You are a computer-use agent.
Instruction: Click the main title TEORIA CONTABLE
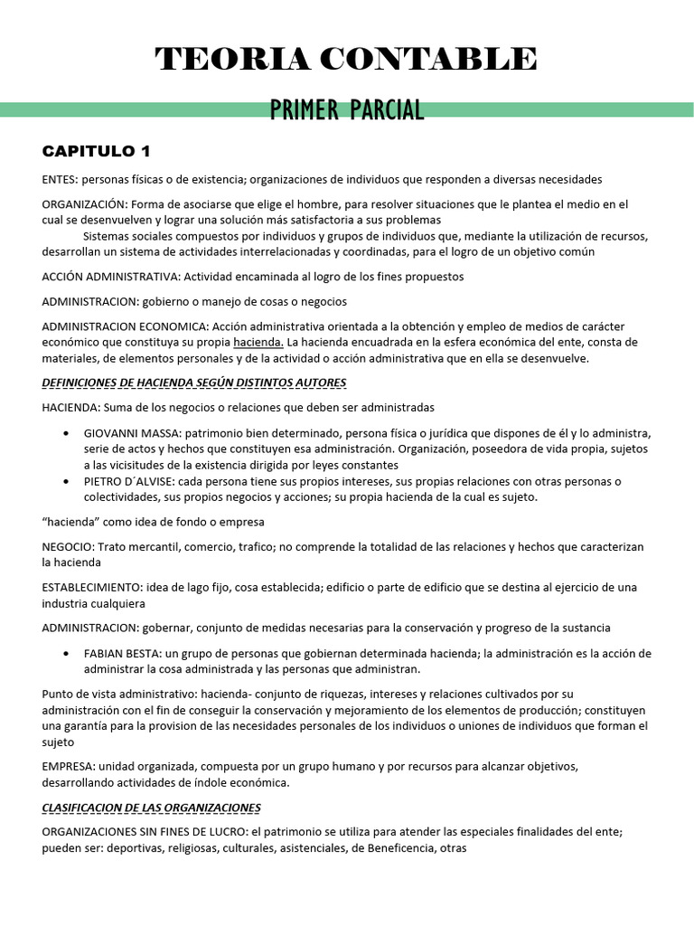click(x=346, y=60)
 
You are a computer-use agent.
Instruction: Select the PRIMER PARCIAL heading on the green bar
click(x=346, y=110)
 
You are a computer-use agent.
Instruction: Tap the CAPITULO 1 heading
click(x=97, y=150)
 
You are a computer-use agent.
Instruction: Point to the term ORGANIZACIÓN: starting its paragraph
click(x=83, y=204)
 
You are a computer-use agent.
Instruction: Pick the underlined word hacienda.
click(x=258, y=342)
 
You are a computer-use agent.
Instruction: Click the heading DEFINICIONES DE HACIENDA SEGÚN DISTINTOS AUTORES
click(x=188, y=383)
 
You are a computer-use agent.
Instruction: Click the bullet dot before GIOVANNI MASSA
click(x=67, y=433)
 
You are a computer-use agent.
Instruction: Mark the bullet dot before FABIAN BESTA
click(x=67, y=654)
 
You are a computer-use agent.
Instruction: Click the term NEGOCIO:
click(x=68, y=546)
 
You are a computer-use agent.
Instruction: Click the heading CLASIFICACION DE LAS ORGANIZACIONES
click(x=152, y=807)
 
